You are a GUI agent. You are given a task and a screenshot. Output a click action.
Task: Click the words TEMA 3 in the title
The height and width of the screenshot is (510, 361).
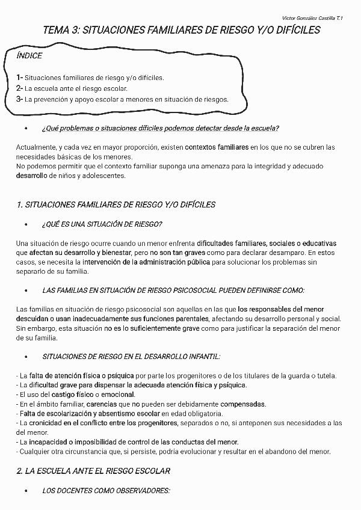(x=59, y=31)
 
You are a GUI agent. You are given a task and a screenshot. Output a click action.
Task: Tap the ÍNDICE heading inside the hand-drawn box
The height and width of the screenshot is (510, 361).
(x=29, y=55)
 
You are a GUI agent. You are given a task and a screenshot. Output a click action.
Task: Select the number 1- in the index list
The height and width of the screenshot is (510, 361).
(x=20, y=78)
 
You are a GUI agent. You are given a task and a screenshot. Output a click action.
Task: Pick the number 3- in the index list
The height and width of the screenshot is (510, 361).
(x=20, y=99)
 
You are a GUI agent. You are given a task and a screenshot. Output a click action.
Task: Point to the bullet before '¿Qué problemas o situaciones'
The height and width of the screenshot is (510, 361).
(x=26, y=129)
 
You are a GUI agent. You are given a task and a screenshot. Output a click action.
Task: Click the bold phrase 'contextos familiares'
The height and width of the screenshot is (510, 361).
(x=217, y=147)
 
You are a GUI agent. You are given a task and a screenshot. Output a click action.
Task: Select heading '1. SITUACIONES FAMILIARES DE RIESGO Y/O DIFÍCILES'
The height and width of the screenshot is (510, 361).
(x=116, y=205)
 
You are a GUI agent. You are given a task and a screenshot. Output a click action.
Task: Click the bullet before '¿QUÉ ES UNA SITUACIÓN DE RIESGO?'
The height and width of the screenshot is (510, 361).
(x=26, y=225)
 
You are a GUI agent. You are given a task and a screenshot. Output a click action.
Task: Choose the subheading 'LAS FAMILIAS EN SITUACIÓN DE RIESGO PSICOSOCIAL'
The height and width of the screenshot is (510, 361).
(x=173, y=290)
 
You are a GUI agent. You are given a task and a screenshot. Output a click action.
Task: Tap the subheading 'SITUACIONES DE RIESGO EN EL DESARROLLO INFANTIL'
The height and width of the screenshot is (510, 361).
(x=131, y=357)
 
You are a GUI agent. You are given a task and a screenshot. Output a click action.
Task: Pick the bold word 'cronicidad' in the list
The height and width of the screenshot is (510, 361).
(x=47, y=423)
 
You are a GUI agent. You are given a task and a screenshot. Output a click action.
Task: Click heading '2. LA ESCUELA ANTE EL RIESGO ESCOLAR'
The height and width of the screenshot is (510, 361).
(x=93, y=471)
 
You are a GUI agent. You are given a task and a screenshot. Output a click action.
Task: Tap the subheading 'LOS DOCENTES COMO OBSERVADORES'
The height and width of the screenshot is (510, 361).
(x=106, y=491)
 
